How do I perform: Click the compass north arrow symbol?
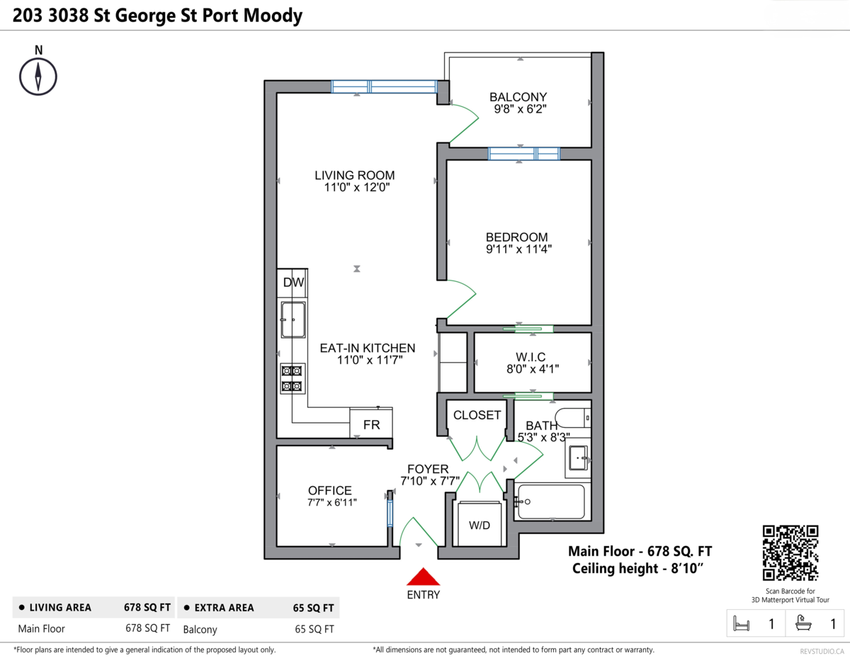click(38, 76)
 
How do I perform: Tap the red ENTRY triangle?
click(424, 577)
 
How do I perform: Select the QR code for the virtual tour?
click(790, 553)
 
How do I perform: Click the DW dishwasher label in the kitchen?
click(293, 283)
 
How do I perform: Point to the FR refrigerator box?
click(371, 424)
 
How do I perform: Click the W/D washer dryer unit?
click(480, 524)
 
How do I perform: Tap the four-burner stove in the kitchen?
click(293, 378)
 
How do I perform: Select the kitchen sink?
click(293, 320)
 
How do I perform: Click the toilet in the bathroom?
click(573, 418)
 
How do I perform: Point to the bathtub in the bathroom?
click(550, 501)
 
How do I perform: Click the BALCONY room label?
click(518, 96)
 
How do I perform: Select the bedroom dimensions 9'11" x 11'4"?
click(518, 249)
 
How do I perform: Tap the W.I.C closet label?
click(531, 356)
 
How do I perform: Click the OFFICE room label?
click(330, 490)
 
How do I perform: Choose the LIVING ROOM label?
click(355, 175)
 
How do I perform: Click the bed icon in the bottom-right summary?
click(741, 623)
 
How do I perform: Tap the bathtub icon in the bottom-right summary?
click(803, 623)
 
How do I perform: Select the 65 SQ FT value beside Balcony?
click(314, 629)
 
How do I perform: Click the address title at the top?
click(158, 16)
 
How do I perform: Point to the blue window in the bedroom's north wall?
click(523, 154)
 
